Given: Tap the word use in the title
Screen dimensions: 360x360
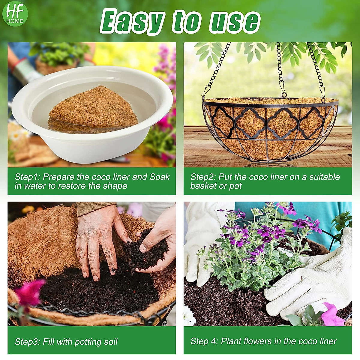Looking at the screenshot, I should pyautogui.click(x=234, y=22).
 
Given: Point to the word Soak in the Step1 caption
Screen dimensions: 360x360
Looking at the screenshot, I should pyautogui.click(x=160, y=177).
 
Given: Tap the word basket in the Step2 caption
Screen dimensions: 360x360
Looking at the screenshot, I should pyautogui.click(x=203, y=186).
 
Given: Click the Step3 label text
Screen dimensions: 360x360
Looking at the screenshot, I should pyautogui.click(x=28, y=342).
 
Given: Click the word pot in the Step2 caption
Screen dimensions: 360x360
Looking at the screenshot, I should pyautogui.click(x=235, y=186).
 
